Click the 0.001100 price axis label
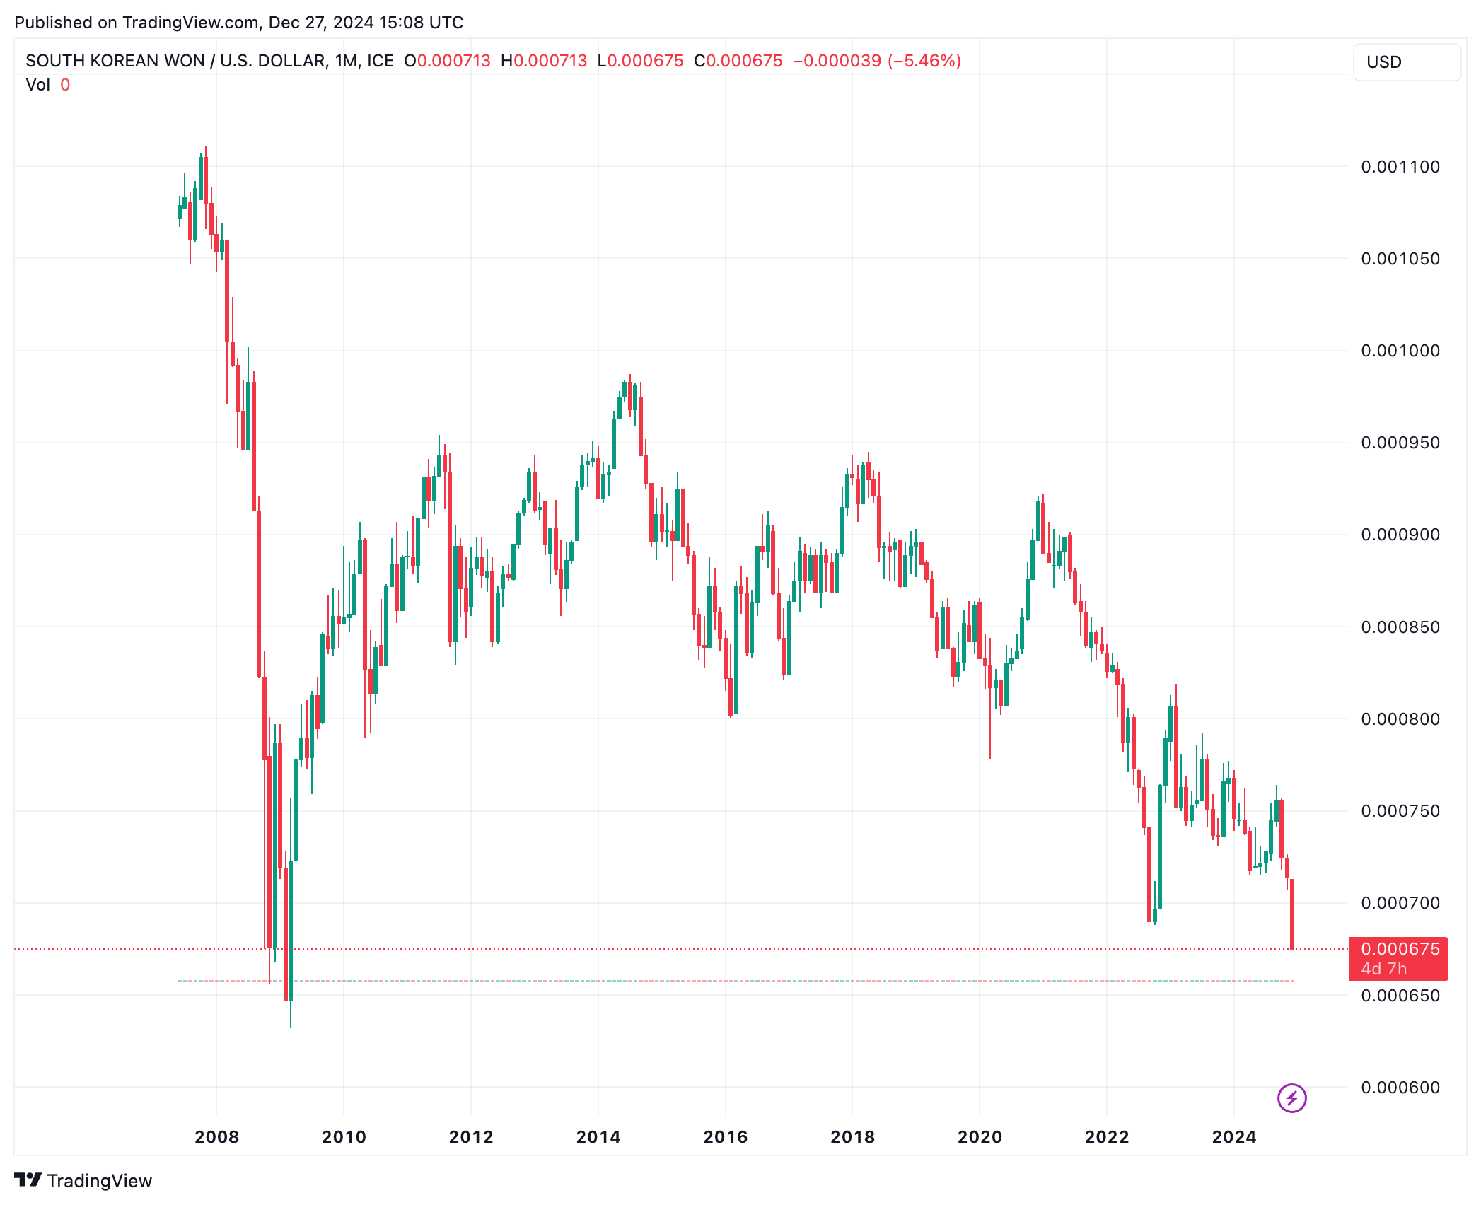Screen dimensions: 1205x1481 pyautogui.click(x=1400, y=167)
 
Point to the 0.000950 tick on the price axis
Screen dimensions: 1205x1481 pyautogui.click(x=1400, y=443)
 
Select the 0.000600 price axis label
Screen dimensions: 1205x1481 pyautogui.click(x=1400, y=1088)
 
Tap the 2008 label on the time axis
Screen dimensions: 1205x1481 pyautogui.click(x=216, y=1137)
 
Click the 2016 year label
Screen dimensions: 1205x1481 pyautogui.click(x=725, y=1137)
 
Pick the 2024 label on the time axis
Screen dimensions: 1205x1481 pyautogui.click(x=1233, y=1137)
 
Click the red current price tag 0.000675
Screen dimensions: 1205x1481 pyautogui.click(x=1400, y=949)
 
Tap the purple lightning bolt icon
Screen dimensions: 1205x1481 pyautogui.click(x=1291, y=1098)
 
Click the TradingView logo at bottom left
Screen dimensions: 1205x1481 pyautogui.click(x=83, y=1181)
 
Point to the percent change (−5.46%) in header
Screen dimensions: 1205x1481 pyautogui.click(x=924, y=61)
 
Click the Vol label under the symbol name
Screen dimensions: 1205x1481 pyautogui.click(x=37, y=85)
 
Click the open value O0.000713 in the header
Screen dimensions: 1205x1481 pyautogui.click(x=447, y=61)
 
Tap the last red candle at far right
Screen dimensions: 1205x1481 pyautogui.click(x=1292, y=914)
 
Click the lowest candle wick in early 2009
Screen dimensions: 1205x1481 pyautogui.click(x=291, y=1018)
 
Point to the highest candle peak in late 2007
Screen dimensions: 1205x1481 pyautogui.click(x=206, y=150)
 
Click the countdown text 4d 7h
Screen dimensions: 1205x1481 pyautogui.click(x=1383, y=969)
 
